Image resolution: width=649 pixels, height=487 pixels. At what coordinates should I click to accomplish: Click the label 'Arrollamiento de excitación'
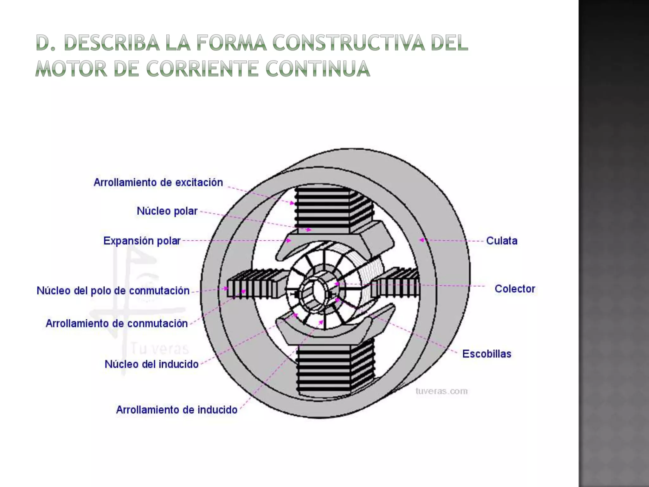pos(158,183)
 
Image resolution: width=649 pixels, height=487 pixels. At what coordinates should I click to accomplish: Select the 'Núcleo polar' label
pos(167,211)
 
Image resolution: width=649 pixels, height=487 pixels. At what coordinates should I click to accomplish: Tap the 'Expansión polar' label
pos(142,241)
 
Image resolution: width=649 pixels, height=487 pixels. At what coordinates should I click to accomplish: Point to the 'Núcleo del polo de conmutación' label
pos(113,291)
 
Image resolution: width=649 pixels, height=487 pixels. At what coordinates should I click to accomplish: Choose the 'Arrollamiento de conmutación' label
pos(117,324)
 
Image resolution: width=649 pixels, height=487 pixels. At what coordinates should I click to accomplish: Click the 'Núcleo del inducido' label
pos(151,364)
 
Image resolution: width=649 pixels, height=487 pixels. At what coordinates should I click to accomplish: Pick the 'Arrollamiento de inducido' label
pos(177,410)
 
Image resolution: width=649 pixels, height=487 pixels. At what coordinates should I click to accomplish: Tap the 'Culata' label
pos(502,241)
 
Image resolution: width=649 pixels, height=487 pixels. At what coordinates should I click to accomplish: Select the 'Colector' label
pos(515,289)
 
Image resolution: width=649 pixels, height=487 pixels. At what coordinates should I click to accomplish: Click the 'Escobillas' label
pos(487,354)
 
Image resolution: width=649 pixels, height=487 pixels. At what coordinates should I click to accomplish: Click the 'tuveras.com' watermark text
pos(441,391)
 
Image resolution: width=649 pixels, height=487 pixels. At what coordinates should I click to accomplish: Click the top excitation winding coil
pos(330,209)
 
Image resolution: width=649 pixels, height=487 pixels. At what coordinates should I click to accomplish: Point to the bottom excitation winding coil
pos(330,368)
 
